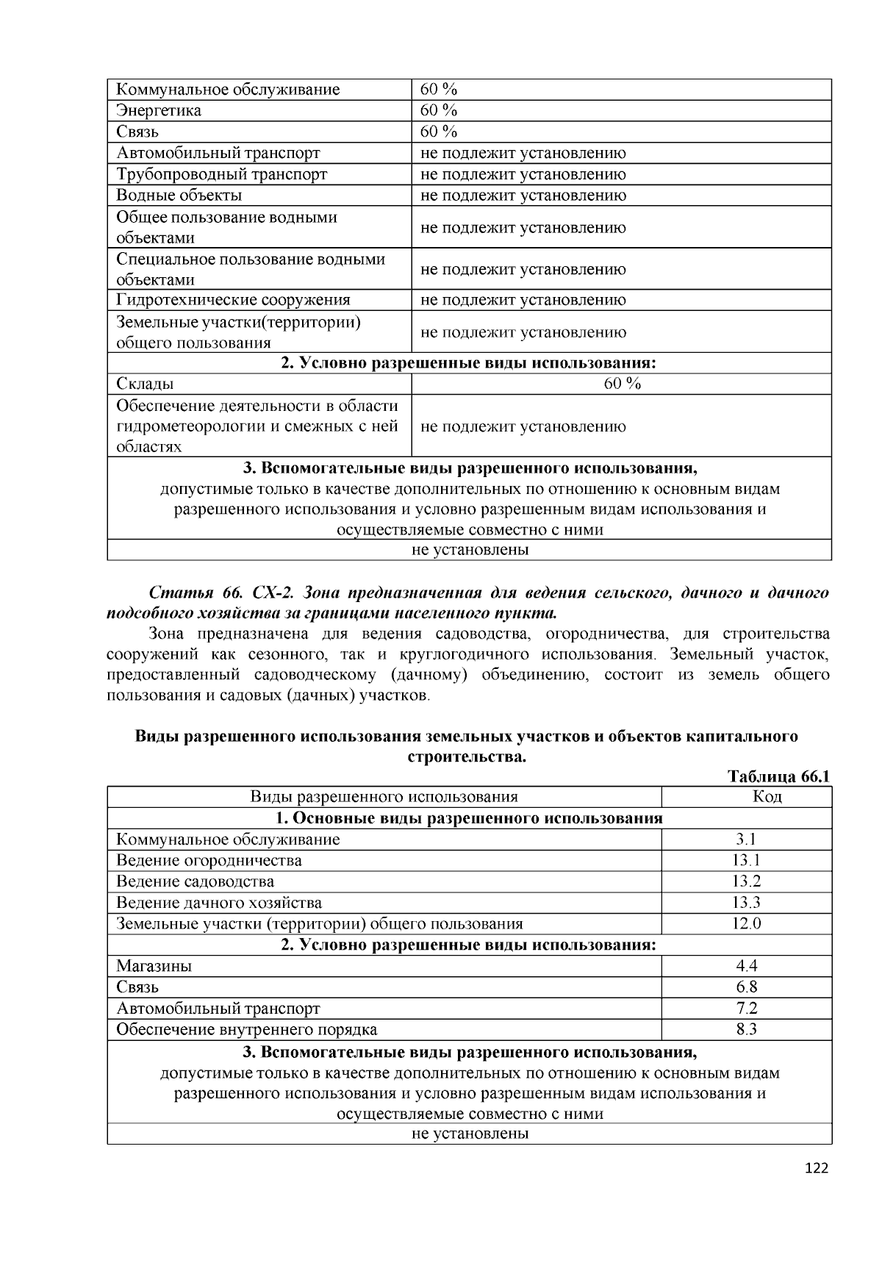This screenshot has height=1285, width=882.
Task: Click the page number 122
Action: (816, 1168)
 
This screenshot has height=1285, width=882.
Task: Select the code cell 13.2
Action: (746, 881)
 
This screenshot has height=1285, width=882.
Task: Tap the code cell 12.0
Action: (746, 923)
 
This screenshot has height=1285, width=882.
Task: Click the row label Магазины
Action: (154, 966)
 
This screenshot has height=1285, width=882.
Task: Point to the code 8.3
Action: (746, 1029)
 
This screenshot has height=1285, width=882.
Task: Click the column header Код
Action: (746, 797)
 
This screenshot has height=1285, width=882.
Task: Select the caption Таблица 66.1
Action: (778, 777)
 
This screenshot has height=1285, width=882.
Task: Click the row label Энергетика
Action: (159, 111)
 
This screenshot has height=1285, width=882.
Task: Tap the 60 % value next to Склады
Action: (622, 384)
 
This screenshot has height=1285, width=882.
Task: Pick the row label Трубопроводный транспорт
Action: (221, 174)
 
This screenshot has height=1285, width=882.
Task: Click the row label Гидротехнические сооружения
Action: (233, 300)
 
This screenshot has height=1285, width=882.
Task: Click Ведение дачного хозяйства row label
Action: (219, 903)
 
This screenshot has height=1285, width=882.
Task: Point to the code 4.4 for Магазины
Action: (746, 966)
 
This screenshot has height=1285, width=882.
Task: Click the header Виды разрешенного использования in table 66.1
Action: (384, 797)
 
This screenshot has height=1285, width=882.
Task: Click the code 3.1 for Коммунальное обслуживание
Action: (746, 840)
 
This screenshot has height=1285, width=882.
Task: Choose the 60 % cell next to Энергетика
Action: (439, 111)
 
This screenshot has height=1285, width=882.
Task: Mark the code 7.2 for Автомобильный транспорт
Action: (746, 1009)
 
